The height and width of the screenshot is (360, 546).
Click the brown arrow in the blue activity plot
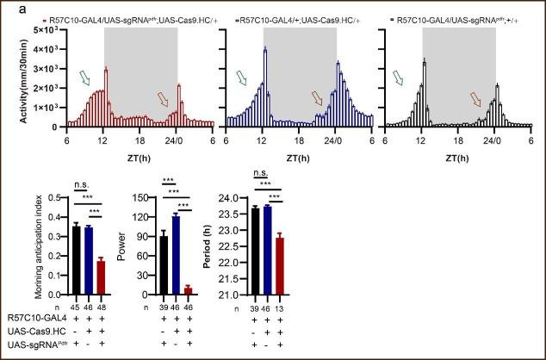click(x=320, y=98)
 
